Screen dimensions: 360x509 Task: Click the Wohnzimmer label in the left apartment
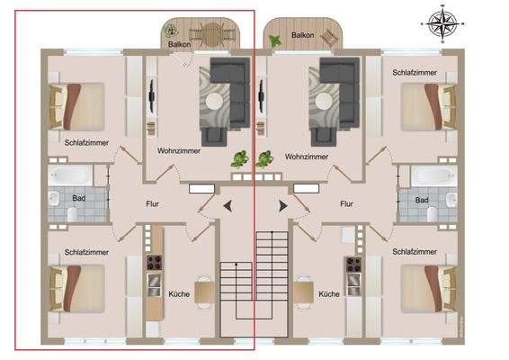pyautogui.click(x=180, y=151)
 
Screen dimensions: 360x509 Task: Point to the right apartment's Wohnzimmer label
pyautogui.click(x=307, y=156)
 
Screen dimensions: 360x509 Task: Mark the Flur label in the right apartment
pyautogui.click(x=346, y=204)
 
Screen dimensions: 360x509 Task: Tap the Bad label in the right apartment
pyautogui.click(x=421, y=199)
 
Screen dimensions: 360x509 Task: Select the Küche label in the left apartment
pyautogui.click(x=179, y=294)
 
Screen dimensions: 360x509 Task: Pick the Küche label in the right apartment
pyautogui.click(x=329, y=294)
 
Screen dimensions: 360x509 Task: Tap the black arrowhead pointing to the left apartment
pyautogui.click(x=226, y=207)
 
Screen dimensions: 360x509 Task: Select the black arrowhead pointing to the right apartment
pyautogui.click(x=283, y=207)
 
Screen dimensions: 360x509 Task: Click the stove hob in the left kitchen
pyautogui.click(x=154, y=264)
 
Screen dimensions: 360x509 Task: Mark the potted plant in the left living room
pyautogui.click(x=239, y=159)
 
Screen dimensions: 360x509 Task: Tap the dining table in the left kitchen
pyautogui.click(x=204, y=292)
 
